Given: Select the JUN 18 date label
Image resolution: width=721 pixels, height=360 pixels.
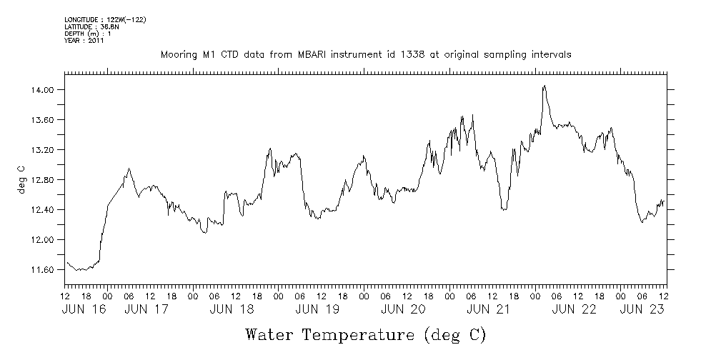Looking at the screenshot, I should tap(232, 309).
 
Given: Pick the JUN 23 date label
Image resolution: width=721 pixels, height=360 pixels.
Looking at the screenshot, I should tap(642, 309).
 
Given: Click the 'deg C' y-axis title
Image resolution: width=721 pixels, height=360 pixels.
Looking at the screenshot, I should tap(21, 179).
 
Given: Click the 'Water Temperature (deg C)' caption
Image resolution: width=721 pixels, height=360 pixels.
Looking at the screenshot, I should tap(367, 334).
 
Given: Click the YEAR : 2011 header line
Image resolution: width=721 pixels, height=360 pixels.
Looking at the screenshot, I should tap(84, 41).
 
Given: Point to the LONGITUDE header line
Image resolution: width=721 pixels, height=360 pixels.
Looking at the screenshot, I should tap(105, 19).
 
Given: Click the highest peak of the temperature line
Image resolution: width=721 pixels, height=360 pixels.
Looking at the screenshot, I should tap(545, 86).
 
